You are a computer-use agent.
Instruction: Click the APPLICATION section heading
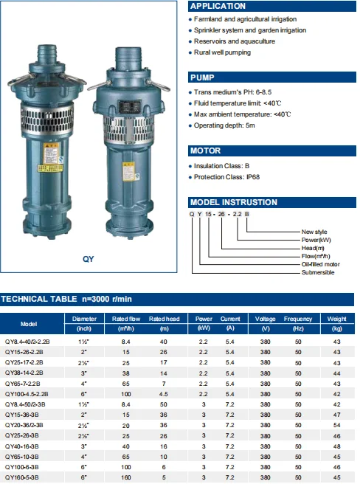tap(218, 6)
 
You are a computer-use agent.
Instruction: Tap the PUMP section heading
tap(204, 77)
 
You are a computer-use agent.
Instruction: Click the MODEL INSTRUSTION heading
tap(234, 202)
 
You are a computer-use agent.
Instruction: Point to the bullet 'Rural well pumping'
tap(222, 52)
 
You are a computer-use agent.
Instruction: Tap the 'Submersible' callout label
tap(318, 272)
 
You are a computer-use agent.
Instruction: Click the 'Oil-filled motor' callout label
tap(322, 264)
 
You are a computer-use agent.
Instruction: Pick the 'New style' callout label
tap(316, 232)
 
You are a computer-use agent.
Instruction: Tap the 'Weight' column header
tap(337, 319)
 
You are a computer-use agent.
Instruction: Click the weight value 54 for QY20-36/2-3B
tap(337, 426)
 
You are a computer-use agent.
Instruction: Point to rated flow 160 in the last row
tap(125, 478)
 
